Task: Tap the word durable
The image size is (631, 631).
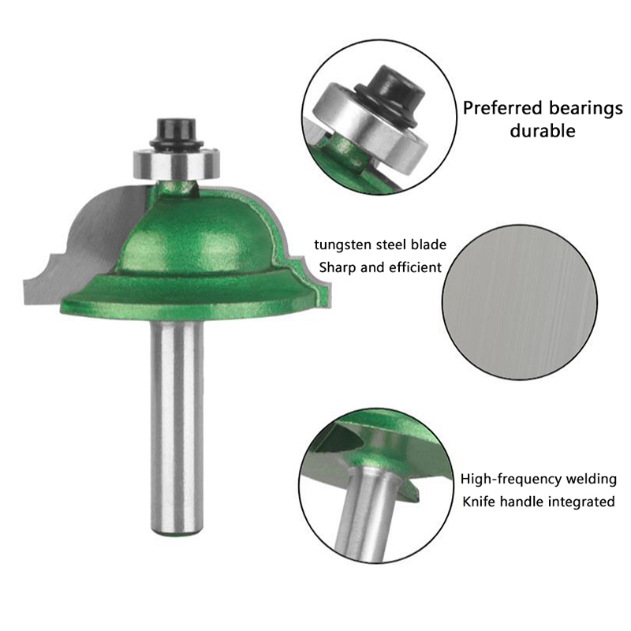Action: click(543, 130)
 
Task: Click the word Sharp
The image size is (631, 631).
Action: click(338, 267)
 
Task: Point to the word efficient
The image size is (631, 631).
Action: click(416, 267)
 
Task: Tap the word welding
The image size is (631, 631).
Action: click(591, 480)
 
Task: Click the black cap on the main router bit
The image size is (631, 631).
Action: click(177, 133)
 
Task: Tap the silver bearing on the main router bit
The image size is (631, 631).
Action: click(177, 164)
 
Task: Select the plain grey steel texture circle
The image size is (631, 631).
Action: click(520, 303)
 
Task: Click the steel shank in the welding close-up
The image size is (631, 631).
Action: click(366, 515)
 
